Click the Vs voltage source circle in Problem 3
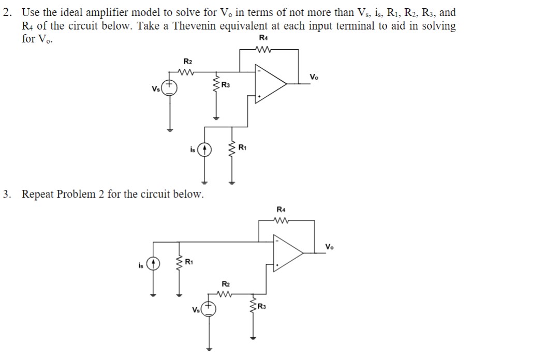point(209,310)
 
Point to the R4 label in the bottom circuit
point(281,209)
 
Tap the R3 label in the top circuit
point(226,84)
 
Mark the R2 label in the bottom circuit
point(225,284)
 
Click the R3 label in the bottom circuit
point(263,308)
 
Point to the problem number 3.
point(6,195)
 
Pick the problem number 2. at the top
point(6,12)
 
